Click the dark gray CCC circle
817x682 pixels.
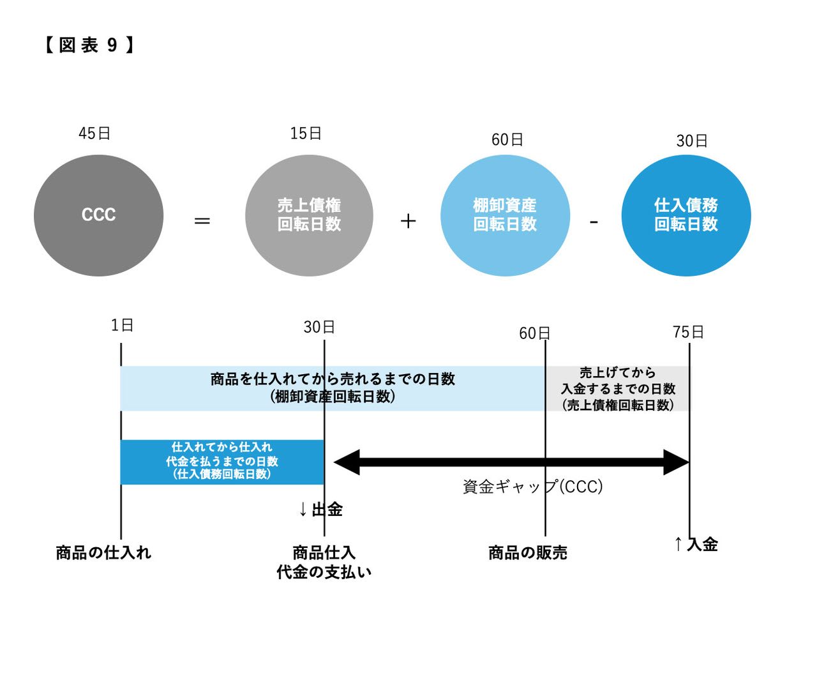[x=98, y=215]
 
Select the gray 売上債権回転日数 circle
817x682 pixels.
[x=309, y=215]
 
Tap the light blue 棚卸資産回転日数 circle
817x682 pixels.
[x=505, y=215]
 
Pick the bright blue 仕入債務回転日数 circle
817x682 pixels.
[x=686, y=215]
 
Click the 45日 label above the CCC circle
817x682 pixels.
[x=94, y=133]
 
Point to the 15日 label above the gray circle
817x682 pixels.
[x=306, y=133]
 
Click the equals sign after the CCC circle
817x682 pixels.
[x=202, y=221]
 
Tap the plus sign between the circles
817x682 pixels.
[x=408, y=221]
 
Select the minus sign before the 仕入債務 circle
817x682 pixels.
[x=594, y=222]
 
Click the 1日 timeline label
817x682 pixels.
[x=122, y=326]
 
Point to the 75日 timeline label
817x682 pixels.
[x=688, y=332]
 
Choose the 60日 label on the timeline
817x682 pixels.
[x=534, y=333]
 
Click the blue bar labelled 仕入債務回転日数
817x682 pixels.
[x=222, y=462]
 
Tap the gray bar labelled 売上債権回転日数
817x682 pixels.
[x=618, y=388]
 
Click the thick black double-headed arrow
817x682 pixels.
[x=511, y=462]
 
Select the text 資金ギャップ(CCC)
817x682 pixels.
[x=532, y=487]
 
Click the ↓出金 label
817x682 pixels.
[x=320, y=510]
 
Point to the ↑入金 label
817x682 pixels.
[x=696, y=544]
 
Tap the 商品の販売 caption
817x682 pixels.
[x=528, y=553]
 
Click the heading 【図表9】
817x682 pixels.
[x=89, y=45]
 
